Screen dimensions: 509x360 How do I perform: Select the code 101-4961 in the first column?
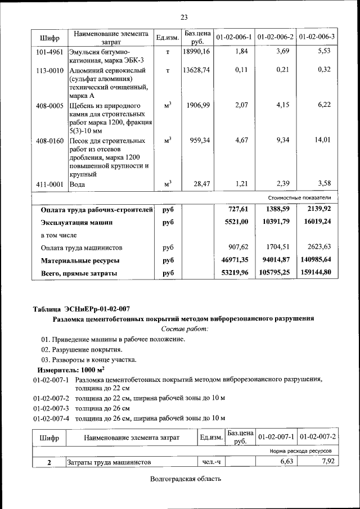pyautogui.click(x=49, y=52)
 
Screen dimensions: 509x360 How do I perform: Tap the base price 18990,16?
pyautogui.click(x=196, y=52)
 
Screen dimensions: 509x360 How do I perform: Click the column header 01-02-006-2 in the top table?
pyautogui.click(x=276, y=37)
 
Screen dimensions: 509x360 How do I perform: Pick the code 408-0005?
pyautogui.click(x=49, y=105)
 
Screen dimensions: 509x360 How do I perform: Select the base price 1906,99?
pyautogui.click(x=199, y=105)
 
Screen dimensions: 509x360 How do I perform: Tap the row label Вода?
pyautogui.click(x=77, y=184)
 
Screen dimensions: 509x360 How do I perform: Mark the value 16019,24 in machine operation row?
pyautogui.click(x=317, y=222)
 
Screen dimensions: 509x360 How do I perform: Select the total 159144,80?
pyautogui.click(x=316, y=273)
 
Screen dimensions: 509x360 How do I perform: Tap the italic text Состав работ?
pyautogui.click(x=184, y=328)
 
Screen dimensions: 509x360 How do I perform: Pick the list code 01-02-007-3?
pyautogui.click(x=51, y=408)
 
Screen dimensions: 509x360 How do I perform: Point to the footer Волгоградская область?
pyautogui.click(x=186, y=479)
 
